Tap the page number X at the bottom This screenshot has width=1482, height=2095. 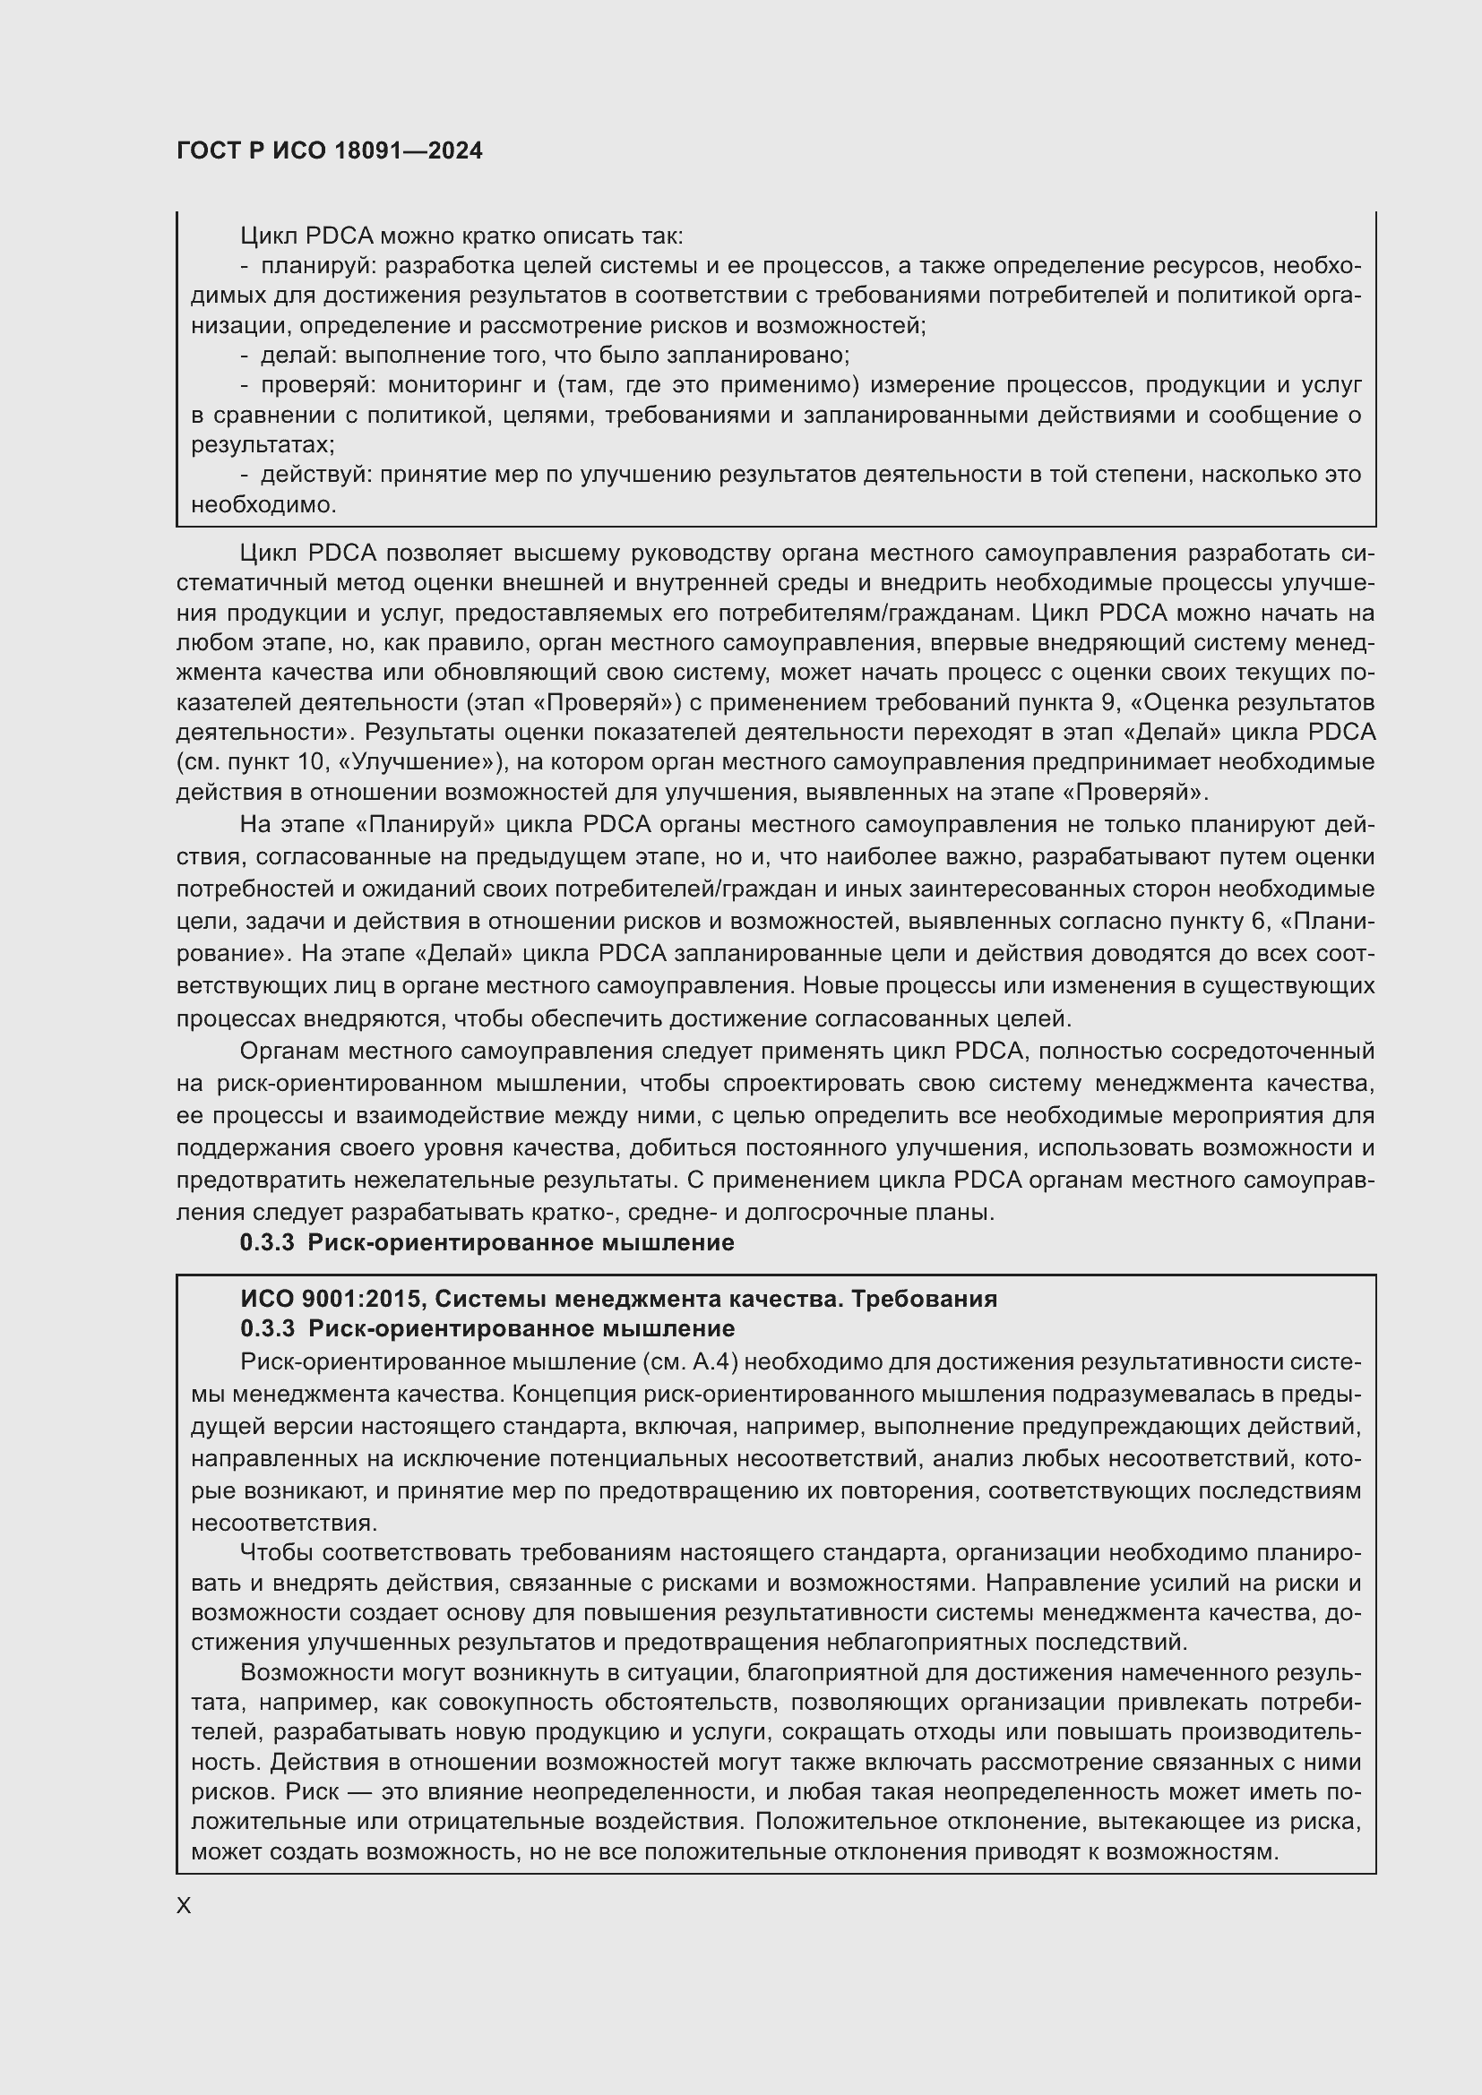coord(184,1905)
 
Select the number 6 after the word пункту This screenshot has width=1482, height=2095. coord(1261,921)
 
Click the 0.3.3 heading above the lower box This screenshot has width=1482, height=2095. coord(487,1243)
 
